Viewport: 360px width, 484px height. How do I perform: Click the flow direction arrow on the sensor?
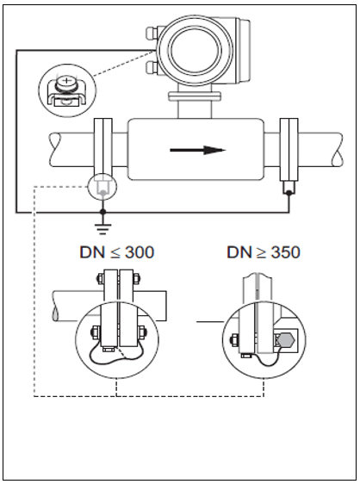click(x=198, y=151)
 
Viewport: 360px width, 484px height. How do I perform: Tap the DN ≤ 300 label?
click(x=117, y=252)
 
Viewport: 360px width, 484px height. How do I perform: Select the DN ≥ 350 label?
click(x=264, y=252)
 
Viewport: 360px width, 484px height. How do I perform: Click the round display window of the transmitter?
click(x=196, y=49)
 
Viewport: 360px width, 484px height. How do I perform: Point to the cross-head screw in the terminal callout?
click(x=65, y=82)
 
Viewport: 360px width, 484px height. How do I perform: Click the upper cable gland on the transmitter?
click(x=152, y=34)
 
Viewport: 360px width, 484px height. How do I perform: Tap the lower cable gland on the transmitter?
click(x=152, y=68)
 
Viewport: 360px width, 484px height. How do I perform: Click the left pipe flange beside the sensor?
click(x=102, y=150)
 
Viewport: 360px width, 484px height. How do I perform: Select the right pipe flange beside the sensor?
click(x=289, y=150)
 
